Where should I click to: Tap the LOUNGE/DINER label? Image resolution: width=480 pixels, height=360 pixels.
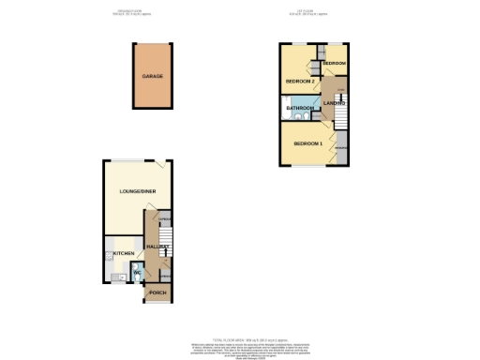[x=137, y=192]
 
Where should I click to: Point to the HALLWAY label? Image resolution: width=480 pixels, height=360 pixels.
[x=157, y=247]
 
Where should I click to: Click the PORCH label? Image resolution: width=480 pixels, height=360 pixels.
[x=157, y=294]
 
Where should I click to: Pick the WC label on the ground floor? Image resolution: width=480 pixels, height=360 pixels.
[x=136, y=273]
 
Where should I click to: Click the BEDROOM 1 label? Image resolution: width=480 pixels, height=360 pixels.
[x=307, y=142]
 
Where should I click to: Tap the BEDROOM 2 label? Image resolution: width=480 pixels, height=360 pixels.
[x=299, y=82]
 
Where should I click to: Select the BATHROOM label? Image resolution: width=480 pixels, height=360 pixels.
[x=300, y=108]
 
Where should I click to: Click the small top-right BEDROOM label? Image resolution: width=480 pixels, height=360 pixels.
[x=335, y=63]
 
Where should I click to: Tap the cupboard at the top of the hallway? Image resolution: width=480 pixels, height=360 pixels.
[x=162, y=220]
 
